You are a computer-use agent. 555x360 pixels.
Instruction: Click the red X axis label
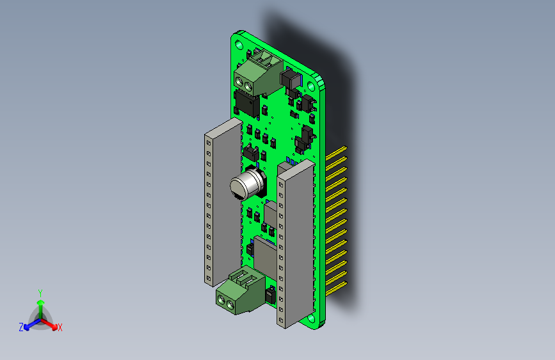click(60, 327)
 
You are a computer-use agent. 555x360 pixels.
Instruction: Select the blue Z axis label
click(21, 327)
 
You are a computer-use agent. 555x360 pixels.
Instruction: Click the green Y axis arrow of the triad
click(40, 306)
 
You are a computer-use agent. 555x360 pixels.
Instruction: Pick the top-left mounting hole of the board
click(239, 44)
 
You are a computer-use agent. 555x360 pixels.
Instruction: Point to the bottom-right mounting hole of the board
click(311, 318)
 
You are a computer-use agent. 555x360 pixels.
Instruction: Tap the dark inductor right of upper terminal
click(291, 81)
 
